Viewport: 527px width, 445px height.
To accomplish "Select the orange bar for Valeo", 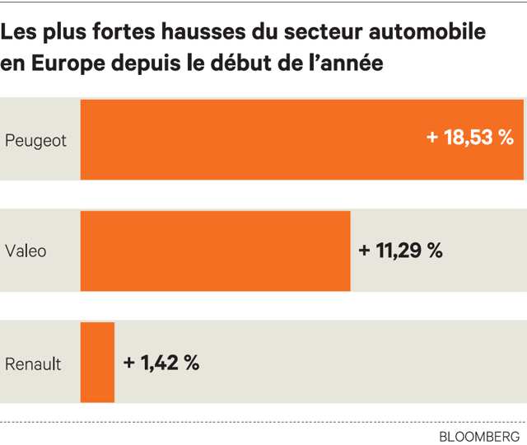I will point(215,250).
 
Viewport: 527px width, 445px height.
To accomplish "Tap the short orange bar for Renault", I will point(97,362).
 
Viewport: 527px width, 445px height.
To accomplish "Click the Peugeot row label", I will point(35,139).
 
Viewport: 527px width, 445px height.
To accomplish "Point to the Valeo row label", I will point(26,251).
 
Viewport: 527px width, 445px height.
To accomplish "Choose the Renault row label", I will point(33,363).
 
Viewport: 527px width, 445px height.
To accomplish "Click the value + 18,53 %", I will point(470,138).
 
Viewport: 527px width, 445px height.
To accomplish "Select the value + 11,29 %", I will point(401,251).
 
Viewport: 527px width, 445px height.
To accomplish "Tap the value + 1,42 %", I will point(161,363).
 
